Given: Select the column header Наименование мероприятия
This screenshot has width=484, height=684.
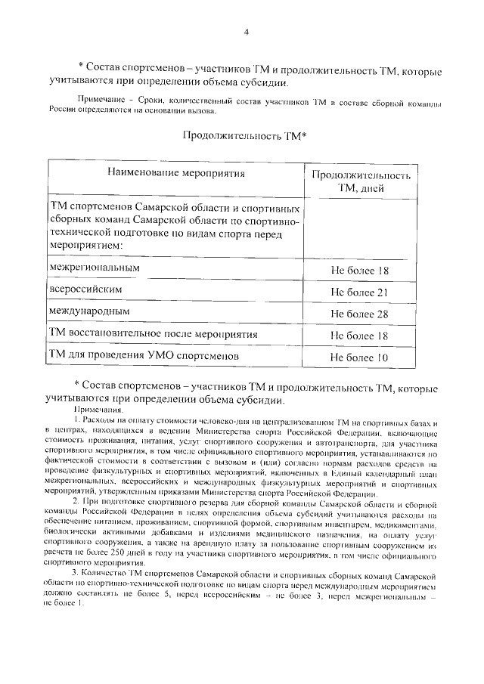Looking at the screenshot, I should [x=176, y=172].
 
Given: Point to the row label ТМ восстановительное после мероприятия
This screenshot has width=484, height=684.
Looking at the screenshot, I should [x=154, y=333].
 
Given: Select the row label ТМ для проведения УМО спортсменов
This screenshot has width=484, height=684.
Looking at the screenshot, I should [x=144, y=354].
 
